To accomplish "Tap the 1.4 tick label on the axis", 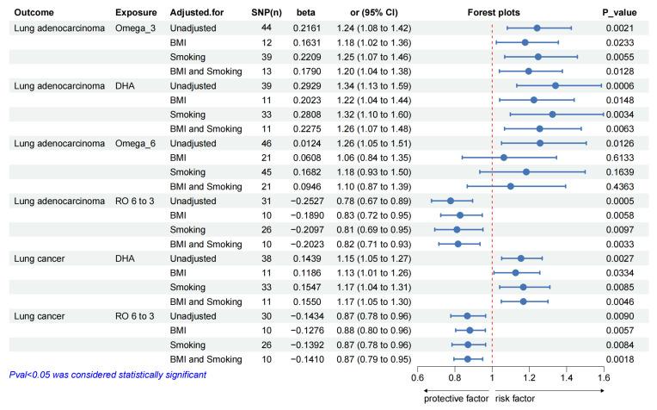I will click(565, 376).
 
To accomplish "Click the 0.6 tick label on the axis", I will click(417, 376).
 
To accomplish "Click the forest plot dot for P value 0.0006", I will click(555, 85).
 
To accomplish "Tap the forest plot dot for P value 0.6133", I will click(504, 158).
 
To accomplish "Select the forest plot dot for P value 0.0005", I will click(451, 201).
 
